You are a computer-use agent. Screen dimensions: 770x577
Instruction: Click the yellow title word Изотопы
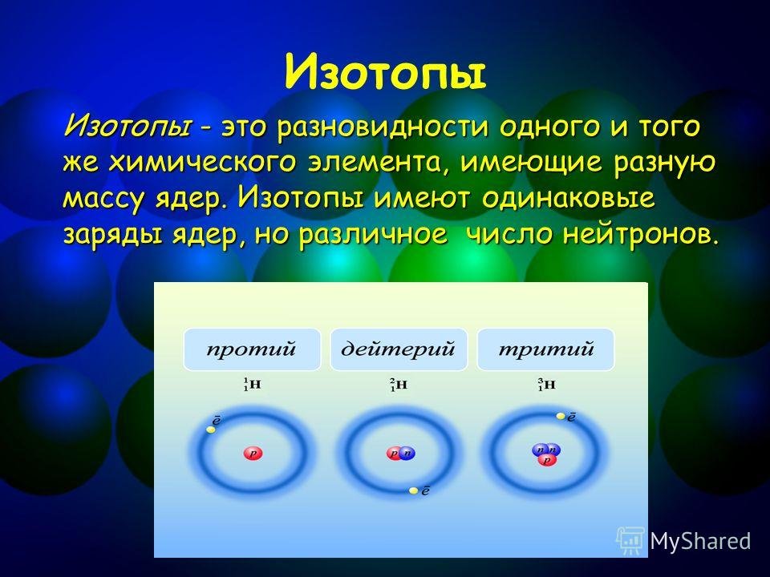(x=386, y=74)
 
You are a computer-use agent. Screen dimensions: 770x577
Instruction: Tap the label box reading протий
(x=252, y=349)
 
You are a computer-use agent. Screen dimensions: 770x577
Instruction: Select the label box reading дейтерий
(x=399, y=349)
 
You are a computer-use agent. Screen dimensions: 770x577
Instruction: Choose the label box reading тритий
(x=545, y=349)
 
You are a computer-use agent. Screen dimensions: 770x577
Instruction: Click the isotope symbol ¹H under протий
(x=252, y=385)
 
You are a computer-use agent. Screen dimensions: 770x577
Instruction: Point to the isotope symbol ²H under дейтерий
(x=399, y=385)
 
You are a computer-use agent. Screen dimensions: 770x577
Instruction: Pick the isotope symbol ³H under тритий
(x=546, y=385)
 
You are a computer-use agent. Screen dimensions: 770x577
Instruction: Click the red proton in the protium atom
(x=253, y=453)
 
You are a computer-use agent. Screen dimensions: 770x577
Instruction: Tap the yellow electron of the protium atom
(x=211, y=430)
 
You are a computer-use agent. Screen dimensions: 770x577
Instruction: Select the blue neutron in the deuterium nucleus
(x=407, y=453)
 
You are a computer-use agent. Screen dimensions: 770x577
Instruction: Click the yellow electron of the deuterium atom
(x=414, y=490)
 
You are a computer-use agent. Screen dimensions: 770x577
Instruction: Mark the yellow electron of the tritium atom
(x=561, y=416)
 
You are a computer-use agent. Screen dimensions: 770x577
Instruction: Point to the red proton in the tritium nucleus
(x=546, y=460)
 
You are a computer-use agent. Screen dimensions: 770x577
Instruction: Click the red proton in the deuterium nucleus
(x=394, y=453)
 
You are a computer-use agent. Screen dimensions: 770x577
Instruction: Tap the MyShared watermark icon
(x=630, y=541)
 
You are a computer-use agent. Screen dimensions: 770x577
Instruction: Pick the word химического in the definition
(x=202, y=163)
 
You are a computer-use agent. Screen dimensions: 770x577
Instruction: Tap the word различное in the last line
(x=373, y=236)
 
